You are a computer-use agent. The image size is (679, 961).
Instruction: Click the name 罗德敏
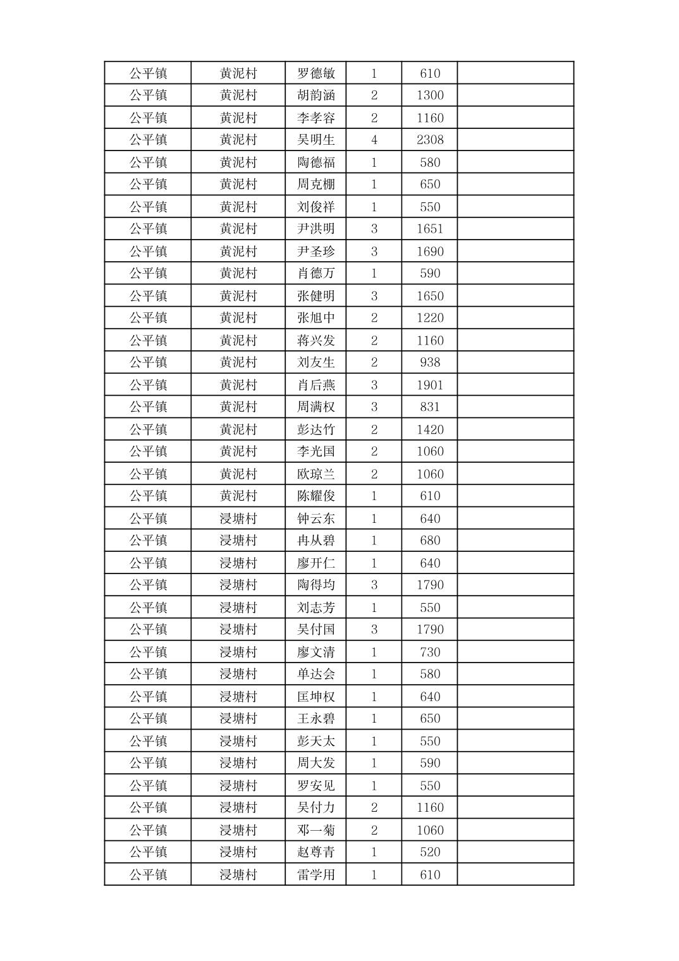tap(316, 73)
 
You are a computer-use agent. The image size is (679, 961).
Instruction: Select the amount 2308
tap(430, 140)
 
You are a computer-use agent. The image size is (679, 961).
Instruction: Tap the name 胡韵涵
tap(316, 95)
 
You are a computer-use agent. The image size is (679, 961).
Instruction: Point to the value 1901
tap(430, 385)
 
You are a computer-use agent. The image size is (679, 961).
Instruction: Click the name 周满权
tap(316, 407)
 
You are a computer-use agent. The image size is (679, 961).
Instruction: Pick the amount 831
tap(430, 407)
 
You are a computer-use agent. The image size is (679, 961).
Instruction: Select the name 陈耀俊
tap(316, 496)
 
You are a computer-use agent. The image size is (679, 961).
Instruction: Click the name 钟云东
tap(316, 518)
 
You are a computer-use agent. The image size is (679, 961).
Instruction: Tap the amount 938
tap(430, 363)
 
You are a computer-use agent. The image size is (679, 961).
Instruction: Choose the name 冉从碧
tap(316, 541)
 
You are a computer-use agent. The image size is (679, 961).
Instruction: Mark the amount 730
tap(430, 652)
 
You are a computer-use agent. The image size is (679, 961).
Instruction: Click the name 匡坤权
tap(316, 697)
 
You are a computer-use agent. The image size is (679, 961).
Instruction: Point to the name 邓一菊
tap(316, 830)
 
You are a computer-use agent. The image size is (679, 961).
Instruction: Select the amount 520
tap(430, 852)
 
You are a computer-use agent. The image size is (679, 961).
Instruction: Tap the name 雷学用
tap(316, 875)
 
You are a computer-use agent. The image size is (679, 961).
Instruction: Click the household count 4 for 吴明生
tap(374, 140)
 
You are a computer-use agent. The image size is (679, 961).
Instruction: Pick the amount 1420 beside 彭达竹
tap(430, 430)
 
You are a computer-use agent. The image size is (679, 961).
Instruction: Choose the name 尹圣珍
tap(316, 252)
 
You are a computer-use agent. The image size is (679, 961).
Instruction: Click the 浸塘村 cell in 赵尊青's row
tap(238, 852)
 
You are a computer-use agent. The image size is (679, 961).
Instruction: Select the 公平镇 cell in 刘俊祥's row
tap(149, 207)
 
